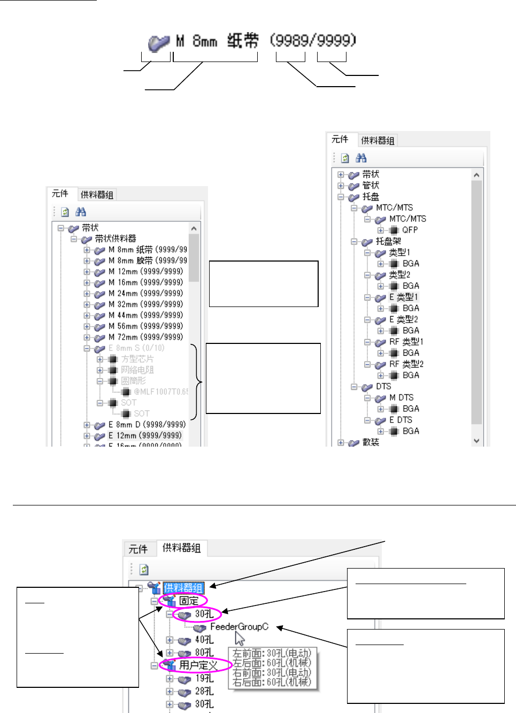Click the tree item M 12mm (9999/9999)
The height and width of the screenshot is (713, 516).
pyautogui.click(x=145, y=272)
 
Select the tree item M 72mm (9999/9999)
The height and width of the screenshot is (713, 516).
pyautogui.click(x=145, y=337)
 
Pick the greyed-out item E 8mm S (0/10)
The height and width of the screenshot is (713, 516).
pyautogui.click(x=136, y=348)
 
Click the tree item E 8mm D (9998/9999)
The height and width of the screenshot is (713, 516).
pyautogui.click(x=147, y=425)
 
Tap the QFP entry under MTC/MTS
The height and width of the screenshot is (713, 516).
pyautogui.click(x=410, y=230)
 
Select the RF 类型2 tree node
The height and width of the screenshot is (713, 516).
pyautogui.click(x=406, y=364)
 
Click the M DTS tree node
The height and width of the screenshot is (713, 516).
pyautogui.click(x=401, y=397)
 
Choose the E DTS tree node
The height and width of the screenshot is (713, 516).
pyautogui.click(x=401, y=420)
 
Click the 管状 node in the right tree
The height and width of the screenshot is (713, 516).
pyautogui.click(x=371, y=186)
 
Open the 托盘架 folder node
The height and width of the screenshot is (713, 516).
pyautogui.click(x=388, y=241)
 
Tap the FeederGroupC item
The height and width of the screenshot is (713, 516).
pyautogui.click(x=239, y=627)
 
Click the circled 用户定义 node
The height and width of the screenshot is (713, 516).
pyautogui.click(x=198, y=665)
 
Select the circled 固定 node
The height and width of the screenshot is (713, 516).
pyautogui.click(x=188, y=601)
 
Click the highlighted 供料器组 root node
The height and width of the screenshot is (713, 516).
pyautogui.click(x=183, y=588)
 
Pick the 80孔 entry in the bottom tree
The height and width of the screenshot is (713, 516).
pyautogui.click(x=204, y=653)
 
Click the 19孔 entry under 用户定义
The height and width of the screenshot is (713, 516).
pyautogui.click(x=204, y=678)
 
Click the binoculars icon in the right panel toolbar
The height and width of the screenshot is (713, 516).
pyautogui.click(x=361, y=158)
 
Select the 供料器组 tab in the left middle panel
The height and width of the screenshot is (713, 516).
pyautogui.click(x=97, y=195)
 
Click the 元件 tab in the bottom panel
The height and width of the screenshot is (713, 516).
pyautogui.click(x=138, y=549)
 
